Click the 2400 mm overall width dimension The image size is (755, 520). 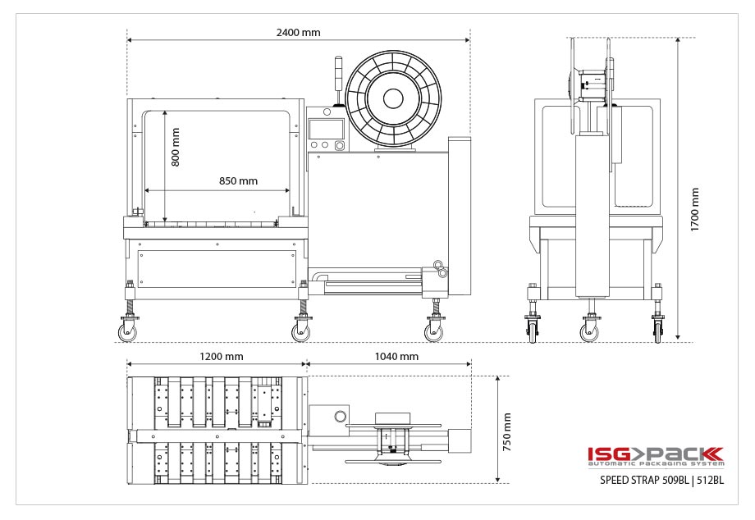[298, 33]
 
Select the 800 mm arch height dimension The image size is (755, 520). [175, 147]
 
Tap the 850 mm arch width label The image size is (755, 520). [238, 180]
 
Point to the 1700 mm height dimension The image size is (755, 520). [694, 209]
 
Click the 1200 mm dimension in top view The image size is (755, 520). [222, 357]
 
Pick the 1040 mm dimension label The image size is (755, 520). [396, 357]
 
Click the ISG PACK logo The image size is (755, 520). [655, 454]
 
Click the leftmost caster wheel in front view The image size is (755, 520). [130, 331]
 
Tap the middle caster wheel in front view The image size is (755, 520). [301, 331]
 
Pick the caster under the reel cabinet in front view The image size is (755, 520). [432, 331]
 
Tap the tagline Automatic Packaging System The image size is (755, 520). [655, 464]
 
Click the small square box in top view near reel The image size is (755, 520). [332, 416]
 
